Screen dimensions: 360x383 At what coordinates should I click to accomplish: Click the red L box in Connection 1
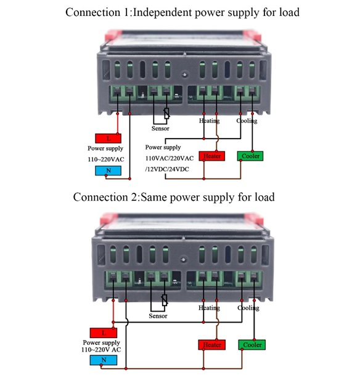coord(108,139)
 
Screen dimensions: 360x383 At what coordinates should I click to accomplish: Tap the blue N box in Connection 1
coord(108,171)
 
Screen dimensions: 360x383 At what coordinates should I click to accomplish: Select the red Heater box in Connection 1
coord(212,156)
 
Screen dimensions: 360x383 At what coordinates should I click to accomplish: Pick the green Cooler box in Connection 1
coord(250,156)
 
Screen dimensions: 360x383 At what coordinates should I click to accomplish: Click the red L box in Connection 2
coord(104,333)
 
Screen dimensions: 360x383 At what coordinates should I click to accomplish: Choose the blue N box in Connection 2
coord(104,360)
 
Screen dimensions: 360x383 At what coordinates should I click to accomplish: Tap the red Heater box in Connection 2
coord(212,345)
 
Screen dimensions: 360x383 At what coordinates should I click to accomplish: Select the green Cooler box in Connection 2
coord(252,345)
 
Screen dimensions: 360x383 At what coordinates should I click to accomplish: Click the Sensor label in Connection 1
coord(160,129)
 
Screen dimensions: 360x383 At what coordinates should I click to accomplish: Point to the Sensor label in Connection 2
coord(158,316)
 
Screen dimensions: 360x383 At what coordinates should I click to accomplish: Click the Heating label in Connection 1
coord(209,121)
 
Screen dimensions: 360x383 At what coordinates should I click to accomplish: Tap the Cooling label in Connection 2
coord(248,308)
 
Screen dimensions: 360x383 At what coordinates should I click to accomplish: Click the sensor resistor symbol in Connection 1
coord(167,113)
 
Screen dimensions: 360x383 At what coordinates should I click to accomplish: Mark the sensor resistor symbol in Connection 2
coord(165,300)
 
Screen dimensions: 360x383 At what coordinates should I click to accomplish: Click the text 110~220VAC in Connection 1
coord(106,159)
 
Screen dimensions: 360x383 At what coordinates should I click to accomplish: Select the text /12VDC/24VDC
coord(167,169)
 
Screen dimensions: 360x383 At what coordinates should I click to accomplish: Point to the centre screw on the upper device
coord(185,75)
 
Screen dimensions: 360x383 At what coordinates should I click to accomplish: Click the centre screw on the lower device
coord(183,259)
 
